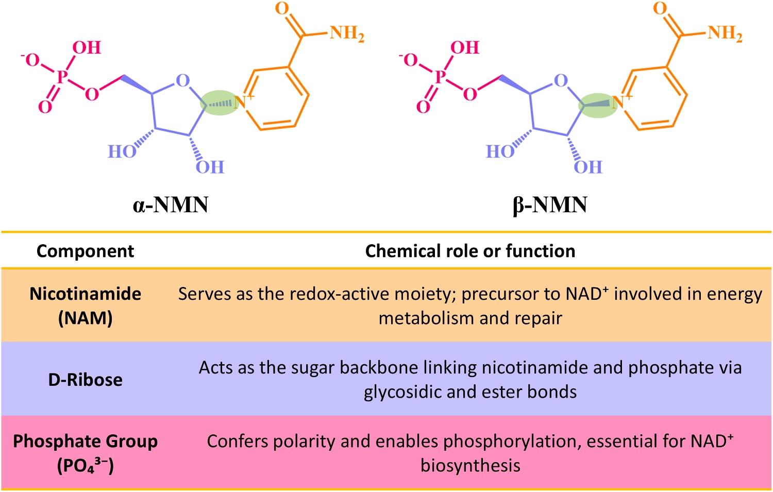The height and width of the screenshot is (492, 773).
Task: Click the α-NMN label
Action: [x=171, y=205]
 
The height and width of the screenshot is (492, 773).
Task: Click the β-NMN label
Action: [x=550, y=206]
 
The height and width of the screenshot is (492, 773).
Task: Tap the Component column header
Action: [x=85, y=251]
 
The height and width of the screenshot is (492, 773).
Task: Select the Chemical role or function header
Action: [x=470, y=251]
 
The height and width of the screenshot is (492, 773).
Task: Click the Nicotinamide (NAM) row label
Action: [x=85, y=306]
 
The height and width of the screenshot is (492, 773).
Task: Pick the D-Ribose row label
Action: [x=85, y=380]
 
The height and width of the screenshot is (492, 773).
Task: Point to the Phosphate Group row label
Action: [x=85, y=453]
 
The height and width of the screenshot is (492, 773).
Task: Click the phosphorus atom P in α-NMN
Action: [x=62, y=77]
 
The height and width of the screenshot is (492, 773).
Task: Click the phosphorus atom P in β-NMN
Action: [x=440, y=77]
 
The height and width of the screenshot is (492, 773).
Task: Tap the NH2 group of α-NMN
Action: [x=347, y=33]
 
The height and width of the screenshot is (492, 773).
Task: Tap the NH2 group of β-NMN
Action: [x=725, y=33]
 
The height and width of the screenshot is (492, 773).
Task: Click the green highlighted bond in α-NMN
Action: [x=220, y=103]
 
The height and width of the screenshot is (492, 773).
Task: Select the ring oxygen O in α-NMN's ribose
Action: [x=182, y=81]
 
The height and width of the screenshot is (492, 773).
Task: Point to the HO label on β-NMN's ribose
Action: [x=500, y=151]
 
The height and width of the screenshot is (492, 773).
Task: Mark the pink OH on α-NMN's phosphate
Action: [x=87, y=47]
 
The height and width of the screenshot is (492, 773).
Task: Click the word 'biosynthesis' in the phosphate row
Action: [x=470, y=466]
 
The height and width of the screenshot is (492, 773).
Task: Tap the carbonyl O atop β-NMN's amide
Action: [x=660, y=8]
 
